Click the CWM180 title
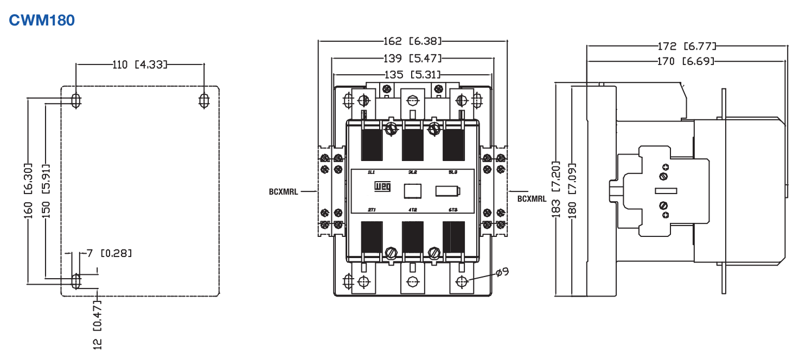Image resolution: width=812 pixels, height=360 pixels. click(42, 21)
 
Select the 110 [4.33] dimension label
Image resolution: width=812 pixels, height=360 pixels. click(139, 65)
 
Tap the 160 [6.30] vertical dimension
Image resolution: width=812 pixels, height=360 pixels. click(28, 191)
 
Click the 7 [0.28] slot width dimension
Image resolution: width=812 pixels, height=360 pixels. click(109, 253)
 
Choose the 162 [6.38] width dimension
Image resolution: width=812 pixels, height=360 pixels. click(413, 41)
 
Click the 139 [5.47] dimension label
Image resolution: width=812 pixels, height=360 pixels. click(413, 58)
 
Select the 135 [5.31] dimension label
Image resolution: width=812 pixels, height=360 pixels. click(413, 74)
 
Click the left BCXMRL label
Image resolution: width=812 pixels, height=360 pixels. click(283, 191)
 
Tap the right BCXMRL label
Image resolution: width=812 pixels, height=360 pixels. click(532, 198)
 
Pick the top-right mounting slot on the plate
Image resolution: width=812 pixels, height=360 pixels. click(204, 100)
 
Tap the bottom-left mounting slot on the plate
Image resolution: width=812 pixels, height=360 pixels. click(76, 281)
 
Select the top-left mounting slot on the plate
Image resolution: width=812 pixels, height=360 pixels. click(76, 100)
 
